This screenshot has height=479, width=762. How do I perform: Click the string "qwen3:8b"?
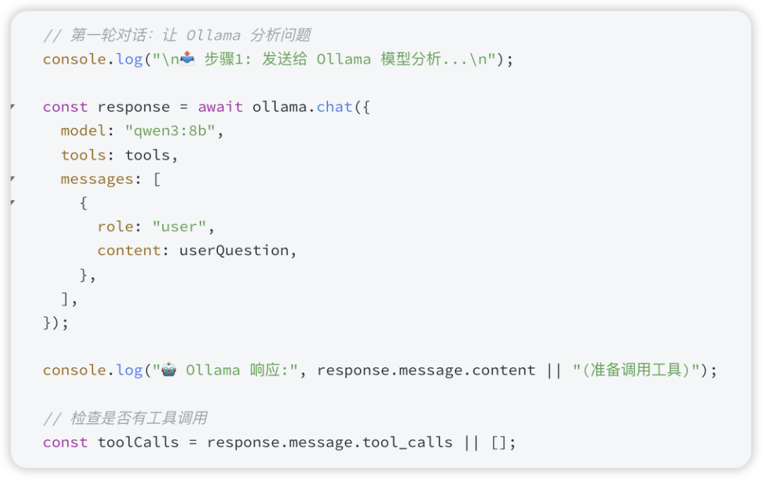click(x=170, y=131)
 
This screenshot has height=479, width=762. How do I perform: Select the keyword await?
click(x=220, y=107)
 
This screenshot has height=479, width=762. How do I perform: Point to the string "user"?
click(x=179, y=227)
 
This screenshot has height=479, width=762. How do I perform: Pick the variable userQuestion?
click(x=234, y=251)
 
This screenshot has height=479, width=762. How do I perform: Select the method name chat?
click(x=334, y=107)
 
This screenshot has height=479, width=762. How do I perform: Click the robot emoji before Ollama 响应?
click(x=169, y=369)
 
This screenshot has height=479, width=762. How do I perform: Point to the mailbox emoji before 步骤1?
click(x=187, y=59)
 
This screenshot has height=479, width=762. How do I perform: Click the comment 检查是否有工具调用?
click(x=138, y=418)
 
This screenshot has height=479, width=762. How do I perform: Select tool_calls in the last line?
click(x=407, y=443)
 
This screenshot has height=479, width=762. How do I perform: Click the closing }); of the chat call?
click(x=56, y=323)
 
